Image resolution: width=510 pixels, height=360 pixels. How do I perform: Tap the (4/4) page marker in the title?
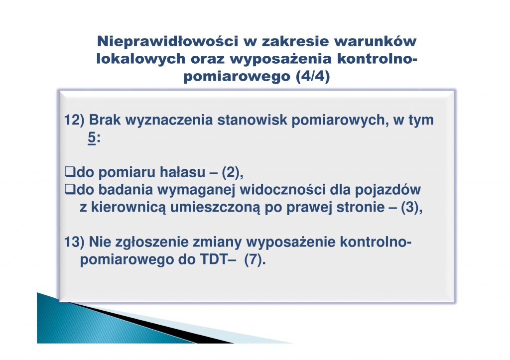tap(313, 76)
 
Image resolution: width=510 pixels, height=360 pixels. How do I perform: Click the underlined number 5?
tap(92, 138)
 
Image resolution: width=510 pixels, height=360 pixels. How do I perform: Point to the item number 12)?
tap(74, 120)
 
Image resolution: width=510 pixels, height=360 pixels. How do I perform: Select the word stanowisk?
tap(252, 120)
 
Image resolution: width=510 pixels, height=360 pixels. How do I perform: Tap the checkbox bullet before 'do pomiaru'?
tap(70, 171)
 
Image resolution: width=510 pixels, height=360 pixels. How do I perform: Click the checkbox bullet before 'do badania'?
tap(70, 189)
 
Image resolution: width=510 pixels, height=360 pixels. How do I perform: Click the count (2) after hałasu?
tap(231, 172)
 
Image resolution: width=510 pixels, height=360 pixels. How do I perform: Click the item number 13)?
tap(74, 242)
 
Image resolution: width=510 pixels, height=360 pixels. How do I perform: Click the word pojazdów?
tap(387, 190)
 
